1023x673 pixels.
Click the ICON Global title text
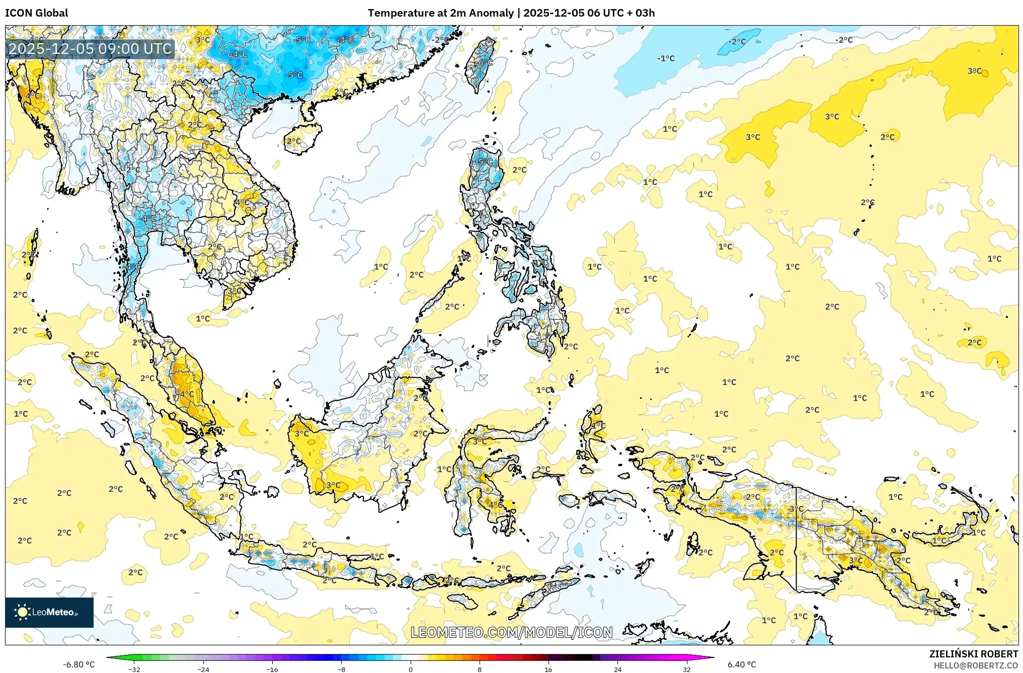pyautogui.click(x=36, y=13)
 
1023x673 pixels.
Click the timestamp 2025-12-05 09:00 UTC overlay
pyautogui.click(x=90, y=49)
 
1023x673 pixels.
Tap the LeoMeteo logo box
pyautogui.click(x=49, y=612)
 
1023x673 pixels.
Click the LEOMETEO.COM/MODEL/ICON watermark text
pyautogui.click(x=511, y=632)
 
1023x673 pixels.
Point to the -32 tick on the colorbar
pyautogui.click(x=134, y=669)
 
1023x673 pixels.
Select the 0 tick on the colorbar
pyautogui.click(x=411, y=669)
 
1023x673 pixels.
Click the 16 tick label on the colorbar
pyautogui.click(x=548, y=669)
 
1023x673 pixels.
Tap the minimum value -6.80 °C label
pyautogui.click(x=78, y=664)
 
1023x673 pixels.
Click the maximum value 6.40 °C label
pyautogui.click(x=741, y=664)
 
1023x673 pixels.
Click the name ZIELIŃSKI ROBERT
pyautogui.click(x=973, y=654)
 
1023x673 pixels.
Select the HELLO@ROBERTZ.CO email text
pyautogui.click(x=976, y=665)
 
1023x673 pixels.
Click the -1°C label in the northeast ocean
pyautogui.click(x=666, y=58)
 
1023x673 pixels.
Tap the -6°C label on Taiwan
pyautogui.click(x=484, y=63)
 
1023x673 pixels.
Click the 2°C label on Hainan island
pyautogui.click(x=293, y=141)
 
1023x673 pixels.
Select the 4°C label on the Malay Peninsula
pyautogui.click(x=186, y=394)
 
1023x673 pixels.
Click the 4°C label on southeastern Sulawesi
pyautogui.click(x=495, y=504)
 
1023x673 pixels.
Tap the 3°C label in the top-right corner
pyautogui.click(x=975, y=71)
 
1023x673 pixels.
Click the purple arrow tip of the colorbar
pyautogui.click(x=711, y=657)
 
